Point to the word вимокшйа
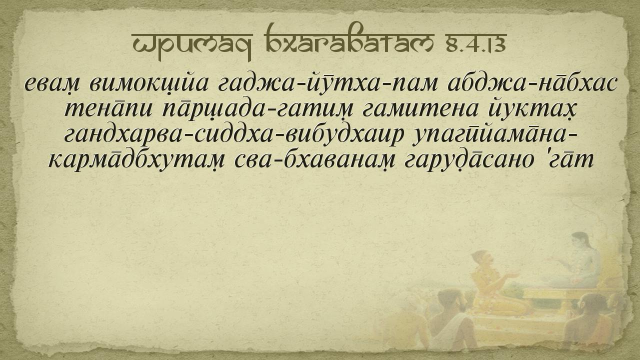[x=148, y=85]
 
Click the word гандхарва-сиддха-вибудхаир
[x=233, y=135]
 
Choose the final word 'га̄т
[x=570, y=160]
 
